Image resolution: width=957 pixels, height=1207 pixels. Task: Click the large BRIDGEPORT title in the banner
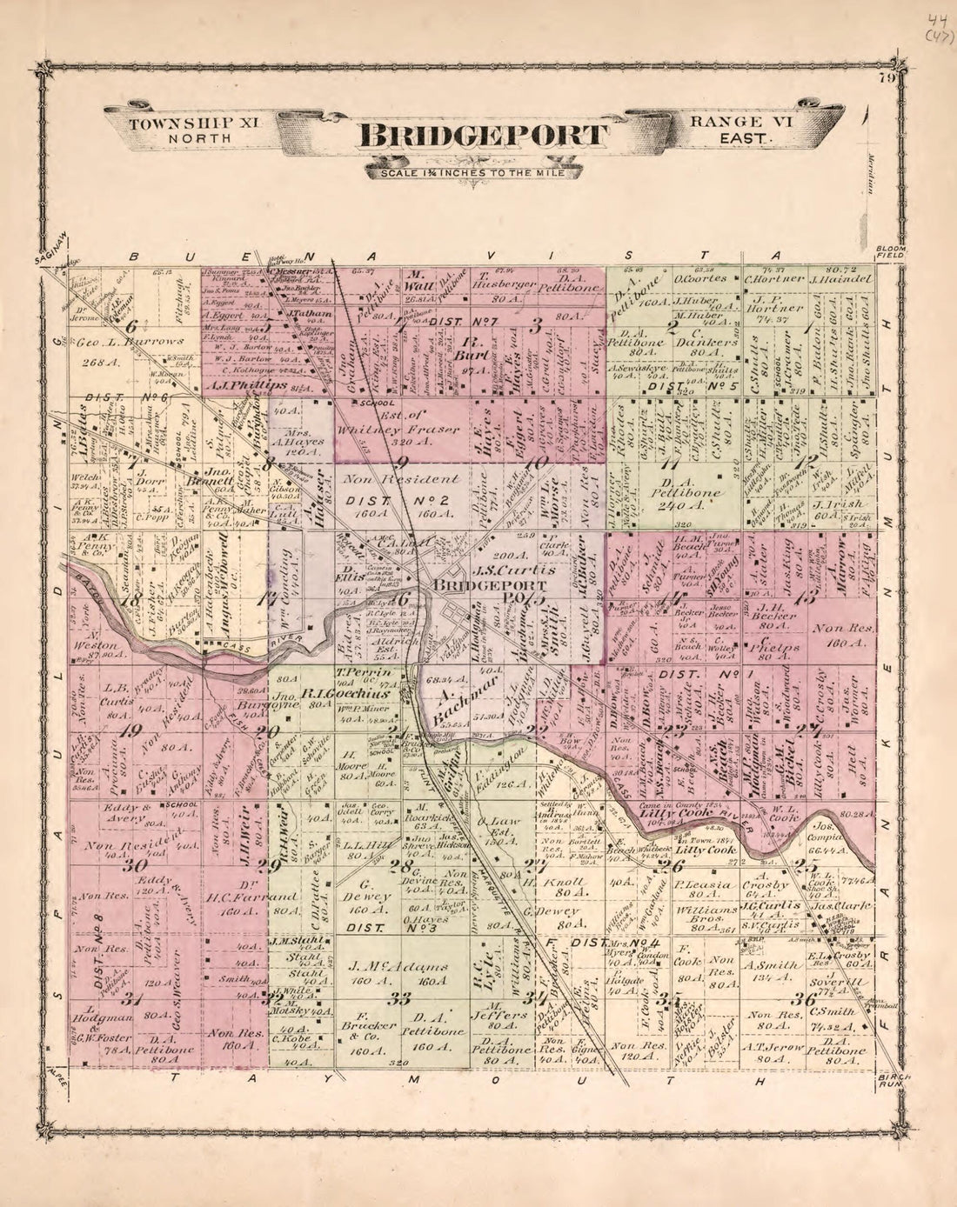pyautogui.click(x=479, y=136)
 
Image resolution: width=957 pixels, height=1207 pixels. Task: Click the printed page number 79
pyautogui.click(x=887, y=78)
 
